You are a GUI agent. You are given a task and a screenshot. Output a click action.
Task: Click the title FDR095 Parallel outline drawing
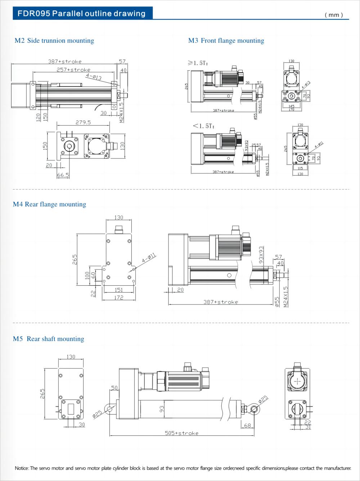(82, 14)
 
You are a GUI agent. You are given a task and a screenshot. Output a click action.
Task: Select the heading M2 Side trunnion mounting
(54, 41)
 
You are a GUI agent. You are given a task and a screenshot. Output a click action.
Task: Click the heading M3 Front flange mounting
(226, 41)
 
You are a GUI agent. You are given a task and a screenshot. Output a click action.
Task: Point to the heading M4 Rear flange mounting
(50, 204)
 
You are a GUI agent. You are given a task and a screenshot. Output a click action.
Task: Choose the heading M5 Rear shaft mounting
(49, 339)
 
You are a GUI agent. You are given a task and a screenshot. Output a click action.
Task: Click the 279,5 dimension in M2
(83, 123)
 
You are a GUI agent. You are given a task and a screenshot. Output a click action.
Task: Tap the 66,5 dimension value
(63, 175)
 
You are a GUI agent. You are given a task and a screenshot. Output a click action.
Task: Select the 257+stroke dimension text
(73, 70)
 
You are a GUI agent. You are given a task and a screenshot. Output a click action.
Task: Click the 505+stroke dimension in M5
(181, 433)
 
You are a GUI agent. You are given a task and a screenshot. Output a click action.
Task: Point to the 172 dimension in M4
(118, 297)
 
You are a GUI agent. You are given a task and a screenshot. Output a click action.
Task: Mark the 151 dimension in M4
(118, 290)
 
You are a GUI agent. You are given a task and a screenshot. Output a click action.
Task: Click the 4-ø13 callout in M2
(94, 77)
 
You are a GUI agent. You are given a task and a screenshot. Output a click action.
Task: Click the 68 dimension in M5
(247, 426)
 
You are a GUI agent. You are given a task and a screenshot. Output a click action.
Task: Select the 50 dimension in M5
(114, 388)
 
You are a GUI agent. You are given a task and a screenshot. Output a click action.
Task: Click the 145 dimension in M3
(291, 106)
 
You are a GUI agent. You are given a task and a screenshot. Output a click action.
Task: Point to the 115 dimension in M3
(300, 168)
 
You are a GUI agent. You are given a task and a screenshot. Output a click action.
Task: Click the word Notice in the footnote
(22, 468)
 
